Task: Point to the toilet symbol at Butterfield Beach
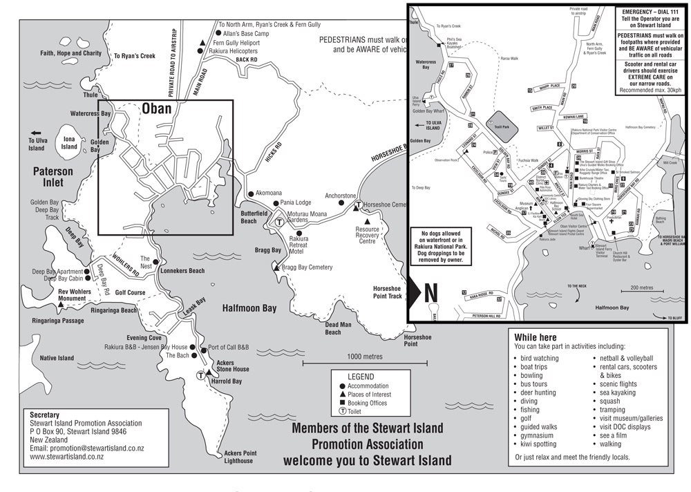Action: [279, 223]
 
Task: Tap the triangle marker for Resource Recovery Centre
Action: [368, 222]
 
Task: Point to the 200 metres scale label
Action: [641, 287]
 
